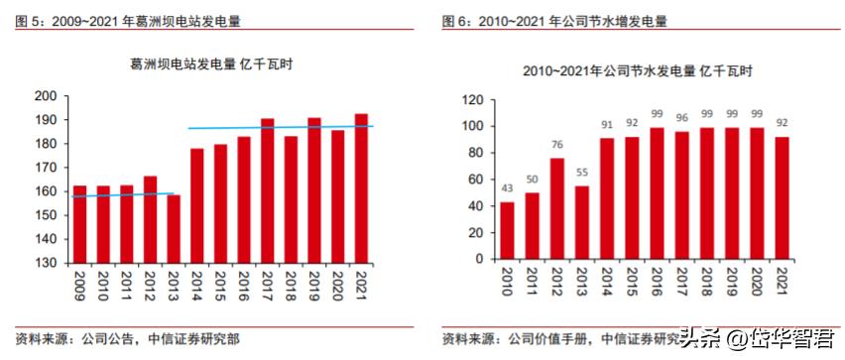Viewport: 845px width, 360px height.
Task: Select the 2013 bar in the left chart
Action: coord(174,228)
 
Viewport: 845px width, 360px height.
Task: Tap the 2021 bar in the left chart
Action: coord(361,188)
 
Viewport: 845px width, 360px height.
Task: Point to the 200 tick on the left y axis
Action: coord(46,96)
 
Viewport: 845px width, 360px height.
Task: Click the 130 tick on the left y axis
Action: coord(46,263)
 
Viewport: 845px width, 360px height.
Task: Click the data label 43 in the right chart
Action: coord(508,189)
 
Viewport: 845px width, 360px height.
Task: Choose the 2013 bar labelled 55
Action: coord(581,222)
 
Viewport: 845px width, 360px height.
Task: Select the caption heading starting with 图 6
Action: coord(554,20)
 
